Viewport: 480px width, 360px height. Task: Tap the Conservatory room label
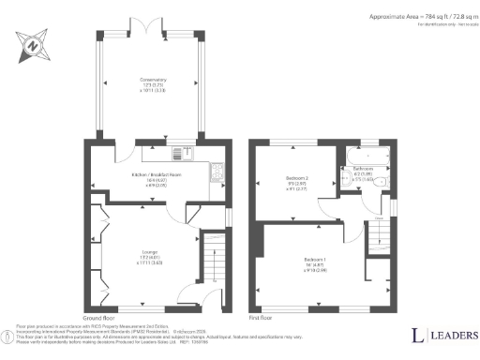click(151, 83)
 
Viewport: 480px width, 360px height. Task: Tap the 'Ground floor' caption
click(97, 318)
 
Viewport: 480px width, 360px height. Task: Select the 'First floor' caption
click(261, 318)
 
